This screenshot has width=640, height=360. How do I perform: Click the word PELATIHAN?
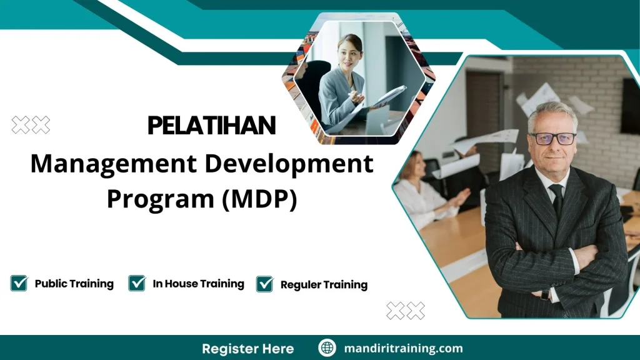(x=211, y=126)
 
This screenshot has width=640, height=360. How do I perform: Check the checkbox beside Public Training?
(x=19, y=283)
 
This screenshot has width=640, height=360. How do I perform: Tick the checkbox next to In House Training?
(x=137, y=283)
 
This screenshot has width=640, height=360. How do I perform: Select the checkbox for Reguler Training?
(x=264, y=284)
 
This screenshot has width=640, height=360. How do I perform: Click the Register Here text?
(x=247, y=348)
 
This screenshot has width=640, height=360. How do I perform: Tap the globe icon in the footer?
(x=327, y=348)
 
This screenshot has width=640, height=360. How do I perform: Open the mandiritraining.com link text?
(x=403, y=348)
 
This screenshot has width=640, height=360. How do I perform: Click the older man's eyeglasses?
(x=552, y=139)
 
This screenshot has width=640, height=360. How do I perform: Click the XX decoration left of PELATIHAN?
(x=31, y=125)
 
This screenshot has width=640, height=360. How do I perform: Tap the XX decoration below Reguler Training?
(x=405, y=310)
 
